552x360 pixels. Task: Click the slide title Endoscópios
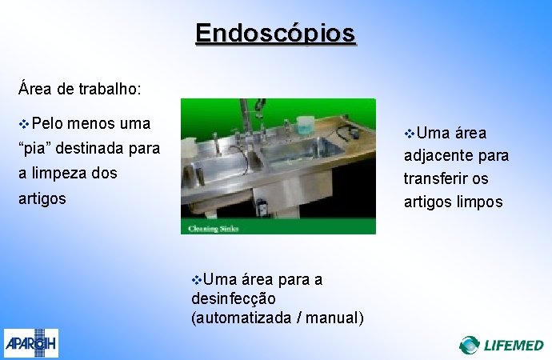coord(275,34)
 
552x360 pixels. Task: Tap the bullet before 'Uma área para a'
coord(197,279)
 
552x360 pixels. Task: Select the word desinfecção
coord(234,298)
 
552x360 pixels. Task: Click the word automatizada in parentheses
coord(244,318)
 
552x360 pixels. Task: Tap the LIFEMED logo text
coord(514,345)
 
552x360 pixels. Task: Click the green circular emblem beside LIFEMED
coord(470,345)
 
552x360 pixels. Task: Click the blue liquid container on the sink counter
coord(305,126)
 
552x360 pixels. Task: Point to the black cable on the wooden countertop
coord(348,132)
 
